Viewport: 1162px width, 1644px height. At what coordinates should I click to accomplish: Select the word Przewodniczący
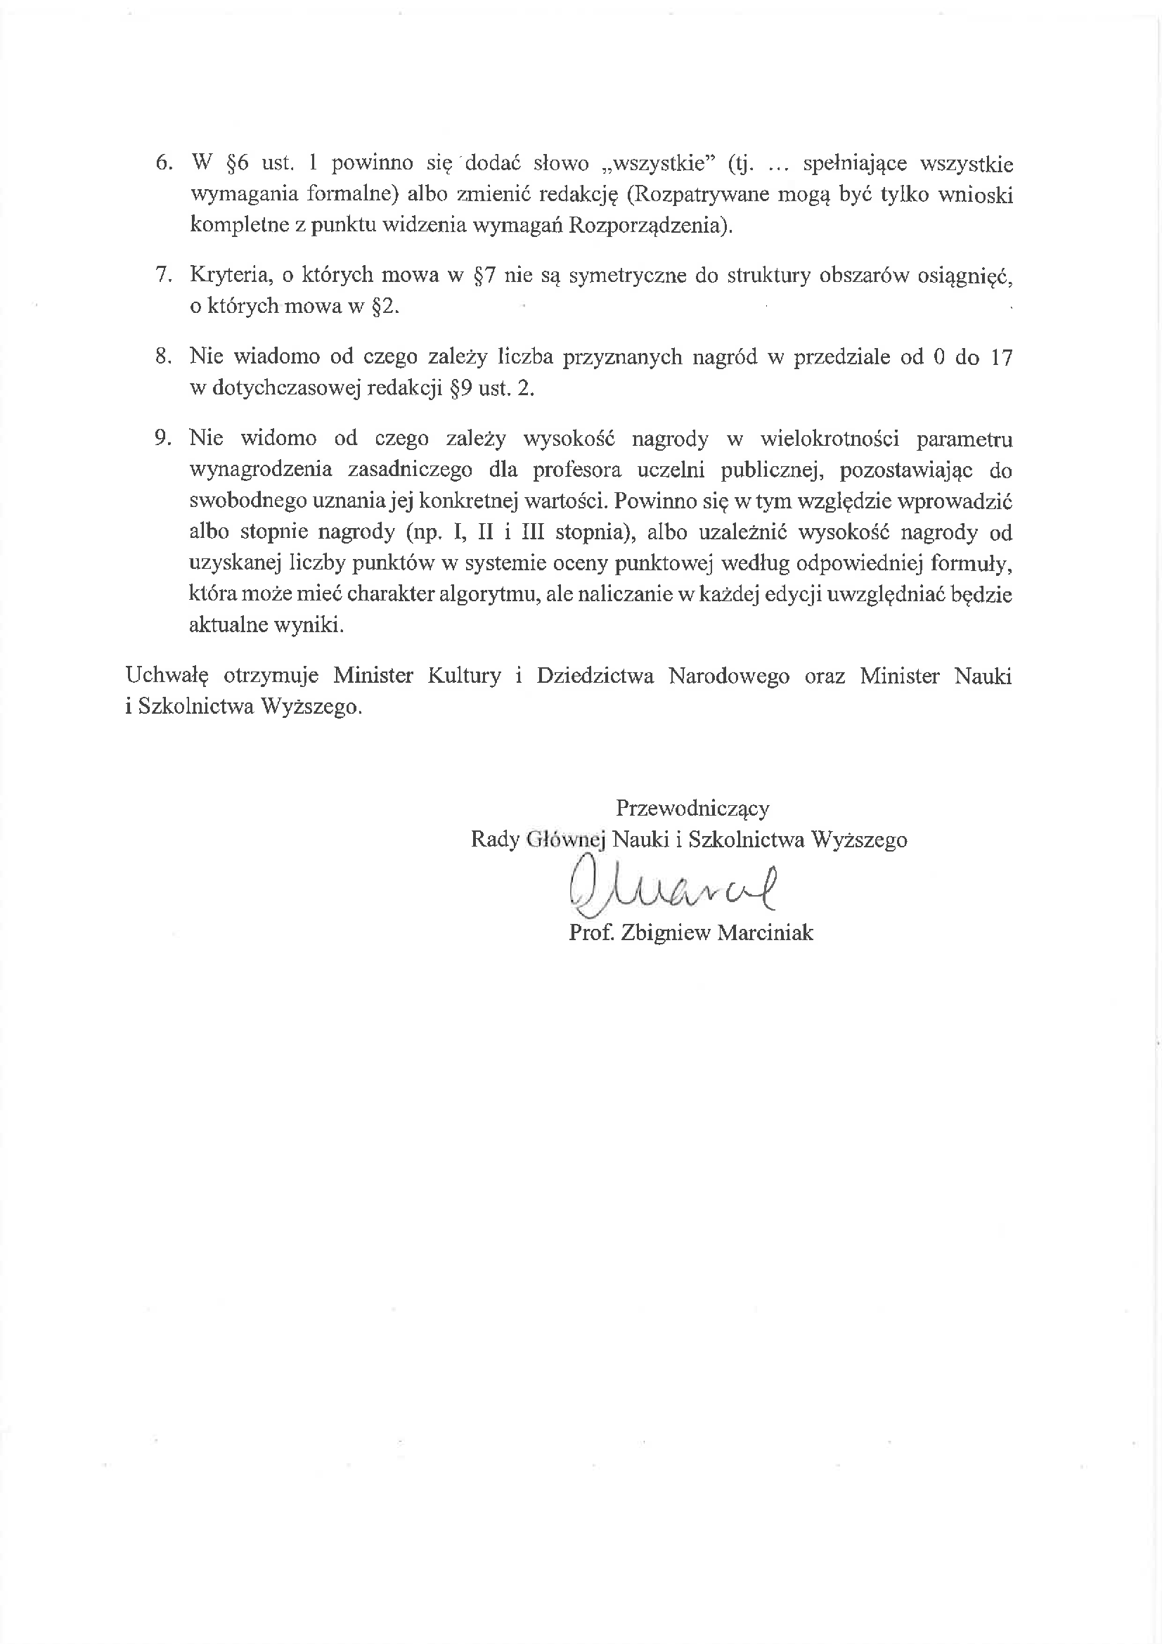692,809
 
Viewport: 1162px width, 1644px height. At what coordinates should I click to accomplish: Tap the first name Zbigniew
665,933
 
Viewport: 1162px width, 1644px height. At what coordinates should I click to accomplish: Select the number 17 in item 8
1000,357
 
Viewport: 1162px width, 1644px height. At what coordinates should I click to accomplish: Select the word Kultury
464,676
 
